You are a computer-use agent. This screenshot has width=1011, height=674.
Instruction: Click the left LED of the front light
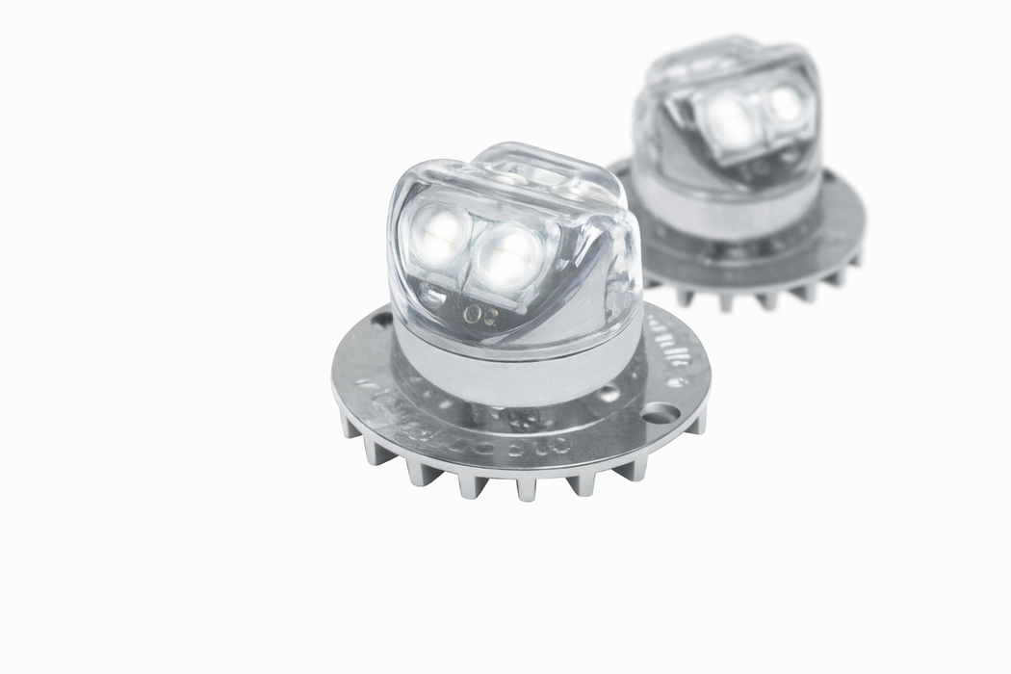click(437, 235)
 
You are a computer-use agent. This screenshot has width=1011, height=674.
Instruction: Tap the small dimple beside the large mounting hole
click(609, 394)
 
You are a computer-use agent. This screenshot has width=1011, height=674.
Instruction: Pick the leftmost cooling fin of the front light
click(348, 425)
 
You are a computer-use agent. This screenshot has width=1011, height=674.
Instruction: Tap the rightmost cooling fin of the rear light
click(853, 257)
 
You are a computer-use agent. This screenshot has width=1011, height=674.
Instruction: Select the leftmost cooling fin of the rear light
click(654, 278)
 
